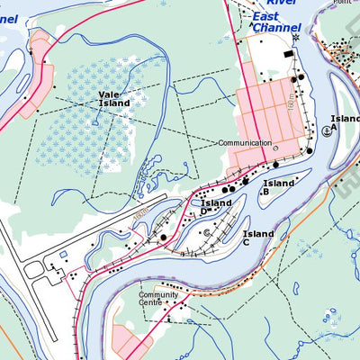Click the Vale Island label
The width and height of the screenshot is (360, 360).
[114, 98]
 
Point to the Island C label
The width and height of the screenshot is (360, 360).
[257, 238]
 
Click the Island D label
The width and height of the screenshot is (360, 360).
[216, 207]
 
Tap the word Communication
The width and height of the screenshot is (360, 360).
[244, 143]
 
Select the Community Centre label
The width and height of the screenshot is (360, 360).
[157, 299]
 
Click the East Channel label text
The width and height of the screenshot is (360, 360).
[275, 22]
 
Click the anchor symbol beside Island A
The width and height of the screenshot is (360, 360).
[326, 130]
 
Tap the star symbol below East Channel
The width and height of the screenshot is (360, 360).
[294, 37]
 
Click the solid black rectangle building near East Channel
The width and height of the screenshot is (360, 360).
[288, 56]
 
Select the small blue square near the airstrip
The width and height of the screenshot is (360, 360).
[62, 255]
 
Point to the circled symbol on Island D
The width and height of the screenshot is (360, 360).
[206, 232]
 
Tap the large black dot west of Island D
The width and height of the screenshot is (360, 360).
[164, 238]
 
